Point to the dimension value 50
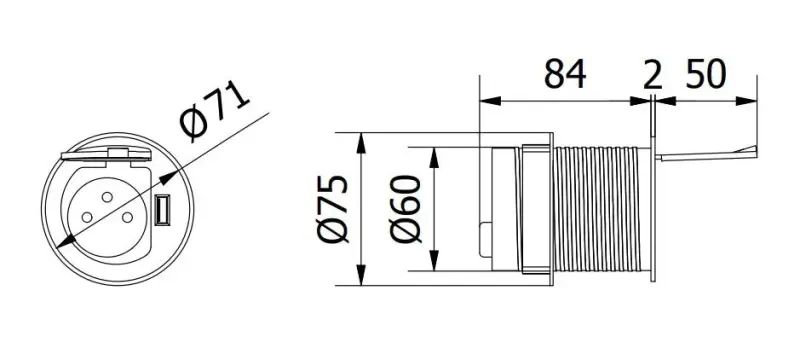point(708,75)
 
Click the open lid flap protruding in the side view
point(705,153)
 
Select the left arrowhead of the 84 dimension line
point(486,100)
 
